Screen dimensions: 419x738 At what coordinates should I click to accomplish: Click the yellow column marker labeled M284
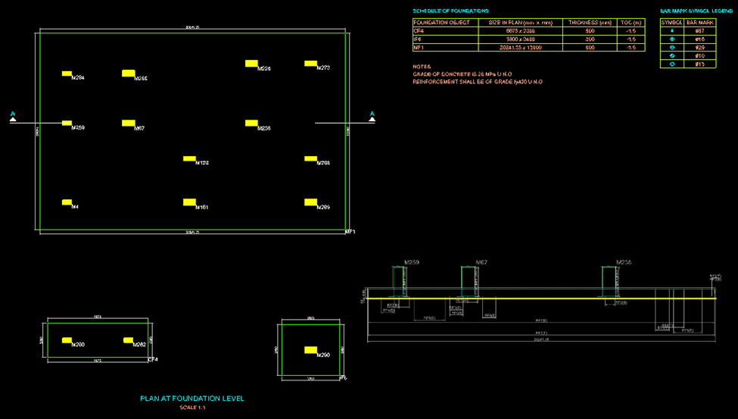(67, 73)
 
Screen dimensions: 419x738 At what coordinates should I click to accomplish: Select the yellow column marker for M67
(127, 123)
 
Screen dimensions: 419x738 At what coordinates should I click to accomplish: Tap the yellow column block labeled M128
(189, 158)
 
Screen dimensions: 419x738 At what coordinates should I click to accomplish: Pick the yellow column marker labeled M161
(189, 202)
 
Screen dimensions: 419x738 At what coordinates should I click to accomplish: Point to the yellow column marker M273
(310, 64)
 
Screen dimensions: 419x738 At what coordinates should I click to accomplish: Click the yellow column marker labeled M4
(67, 202)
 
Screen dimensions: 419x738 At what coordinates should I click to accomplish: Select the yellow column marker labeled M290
(310, 349)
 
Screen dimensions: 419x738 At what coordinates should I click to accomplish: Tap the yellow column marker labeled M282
(128, 340)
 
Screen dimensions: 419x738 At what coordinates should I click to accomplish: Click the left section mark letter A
(13, 115)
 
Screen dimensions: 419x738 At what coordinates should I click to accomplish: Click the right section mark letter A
(372, 115)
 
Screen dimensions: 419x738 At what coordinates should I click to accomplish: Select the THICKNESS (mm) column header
(589, 22)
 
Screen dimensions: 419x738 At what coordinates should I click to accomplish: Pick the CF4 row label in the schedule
(417, 30)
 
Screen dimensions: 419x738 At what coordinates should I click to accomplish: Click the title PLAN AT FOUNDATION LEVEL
(192, 399)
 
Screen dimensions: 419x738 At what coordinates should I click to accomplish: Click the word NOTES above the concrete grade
(422, 66)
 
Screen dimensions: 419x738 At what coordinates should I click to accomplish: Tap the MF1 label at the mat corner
(350, 231)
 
